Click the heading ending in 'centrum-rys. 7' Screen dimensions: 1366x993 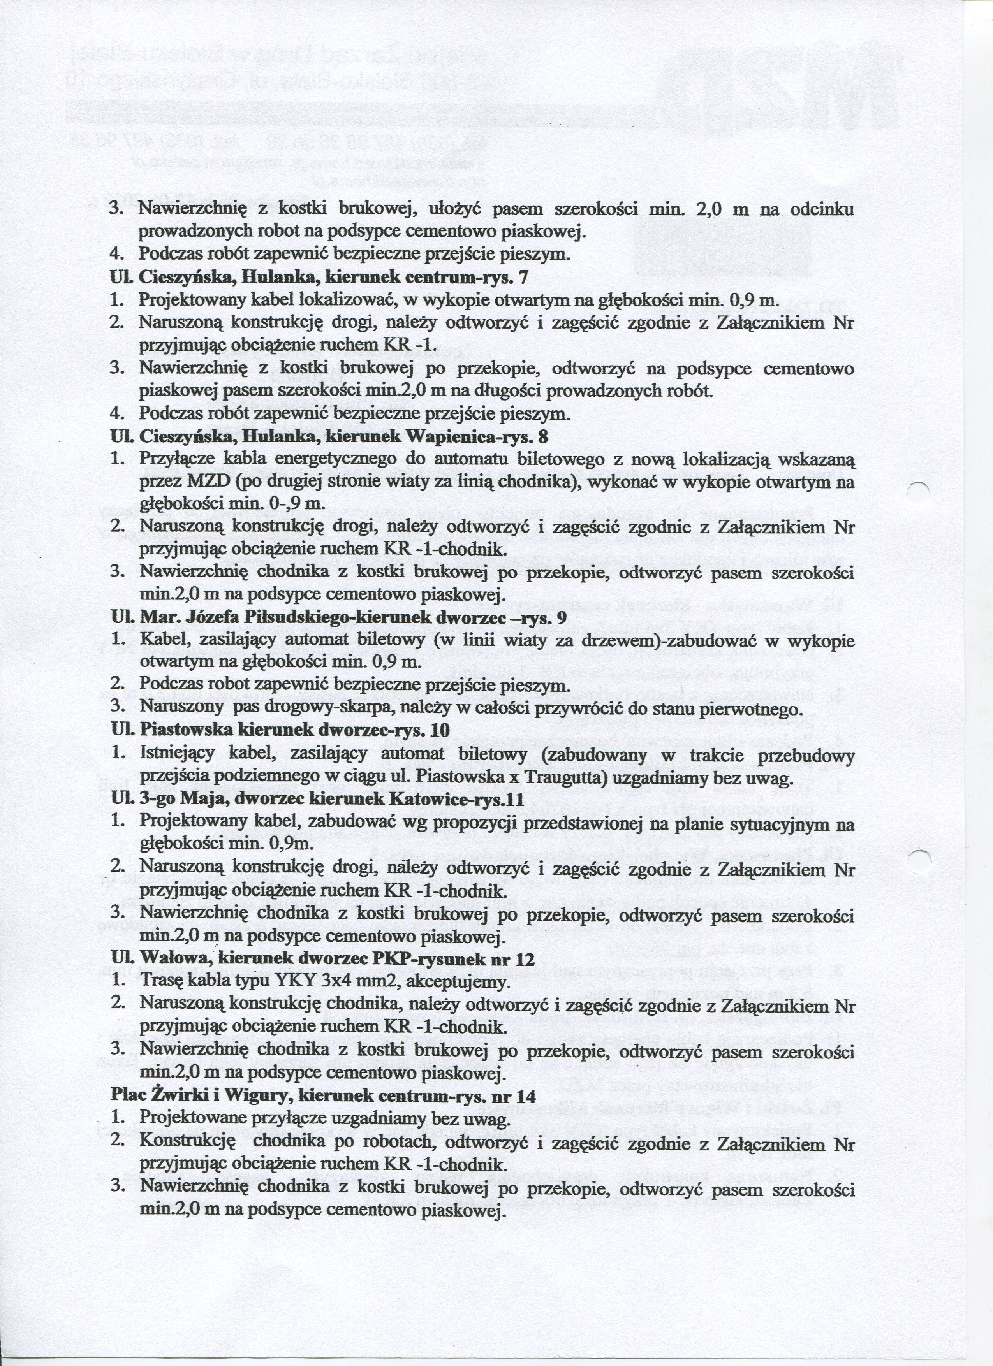pos(319,278)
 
